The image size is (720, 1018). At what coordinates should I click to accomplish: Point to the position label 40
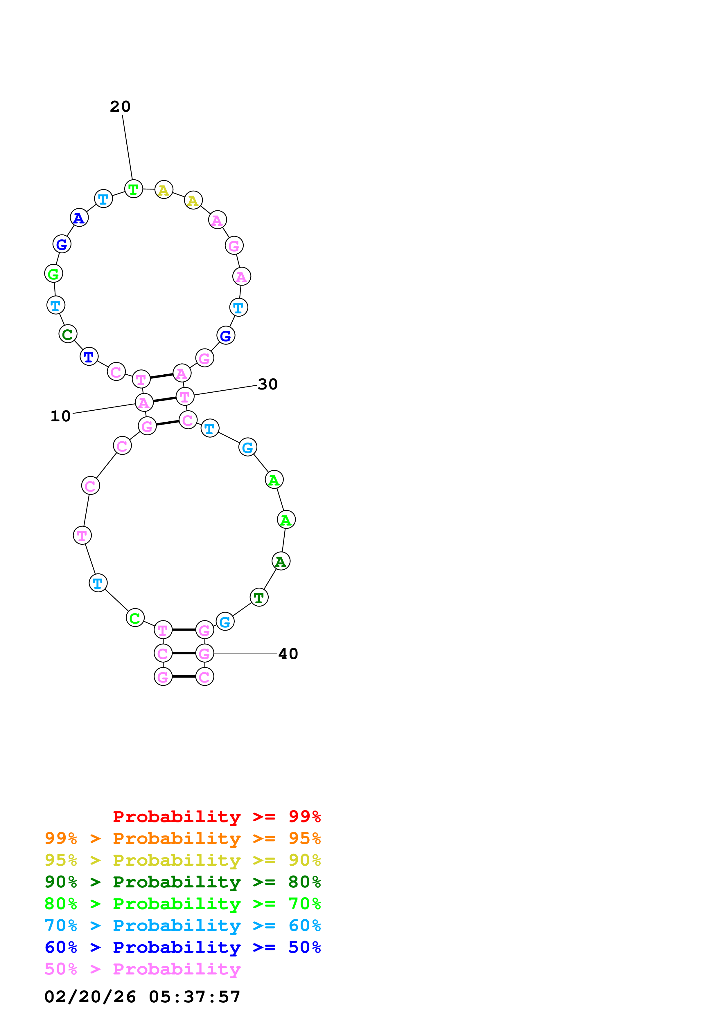click(x=288, y=654)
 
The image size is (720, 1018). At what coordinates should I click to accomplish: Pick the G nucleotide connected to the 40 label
click(x=204, y=653)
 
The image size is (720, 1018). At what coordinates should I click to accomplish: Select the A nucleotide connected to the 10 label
click(x=144, y=402)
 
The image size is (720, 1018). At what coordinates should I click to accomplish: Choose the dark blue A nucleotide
click(x=79, y=218)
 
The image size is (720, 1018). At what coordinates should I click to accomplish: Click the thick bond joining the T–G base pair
click(x=184, y=630)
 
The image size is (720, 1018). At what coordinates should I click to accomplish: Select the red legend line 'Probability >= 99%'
click(x=216, y=817)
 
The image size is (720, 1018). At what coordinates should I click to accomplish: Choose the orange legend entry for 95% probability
click(x=182, y=838)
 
